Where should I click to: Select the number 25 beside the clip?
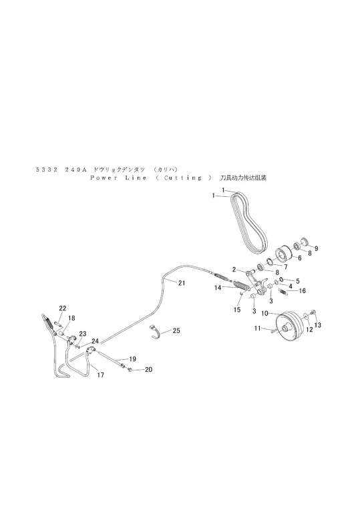(x=176, y=330)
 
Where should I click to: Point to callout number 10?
(x=264, y=312)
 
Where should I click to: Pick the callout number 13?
(x=318, y=324)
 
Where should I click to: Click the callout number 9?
(x=317, y=248)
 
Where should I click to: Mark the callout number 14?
(x=218, y=288)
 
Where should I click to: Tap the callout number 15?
(x=237, y=309)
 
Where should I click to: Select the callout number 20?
(x=148, y=369)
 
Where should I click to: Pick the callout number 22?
(x=63, y=308)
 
